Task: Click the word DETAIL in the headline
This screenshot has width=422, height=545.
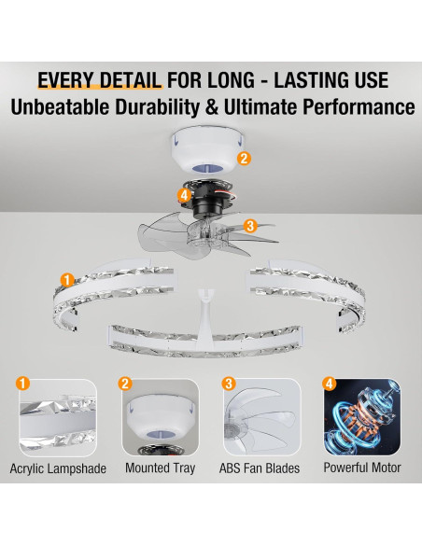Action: pos(131,80)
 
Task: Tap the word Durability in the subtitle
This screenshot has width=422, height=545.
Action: pos(157,107)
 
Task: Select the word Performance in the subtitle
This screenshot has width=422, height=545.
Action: pos(359,107)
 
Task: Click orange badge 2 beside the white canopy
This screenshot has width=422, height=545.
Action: pos(244,158)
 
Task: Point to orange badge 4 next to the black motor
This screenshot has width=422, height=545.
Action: pos(184,195)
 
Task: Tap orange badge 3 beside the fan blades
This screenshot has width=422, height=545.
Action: pos(250,226)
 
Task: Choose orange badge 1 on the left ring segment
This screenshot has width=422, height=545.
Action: pos(67,280)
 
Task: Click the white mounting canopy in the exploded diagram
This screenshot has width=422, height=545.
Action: pos(208,150)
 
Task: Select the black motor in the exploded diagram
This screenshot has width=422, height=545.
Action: pos(206,198)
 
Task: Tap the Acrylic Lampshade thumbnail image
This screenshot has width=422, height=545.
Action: pos(58,417)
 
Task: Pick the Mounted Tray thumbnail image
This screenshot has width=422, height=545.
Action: pos(161,417)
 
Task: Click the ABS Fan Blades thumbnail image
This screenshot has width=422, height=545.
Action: pos(261,417)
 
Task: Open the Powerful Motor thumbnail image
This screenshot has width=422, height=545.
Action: pos(362,417)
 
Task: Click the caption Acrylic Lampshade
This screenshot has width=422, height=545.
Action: pos(58,468)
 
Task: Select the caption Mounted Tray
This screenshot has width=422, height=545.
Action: pos(161,468)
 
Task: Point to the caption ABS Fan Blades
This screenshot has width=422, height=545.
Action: pos(260,468)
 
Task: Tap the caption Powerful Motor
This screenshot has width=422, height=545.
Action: pos(362,468)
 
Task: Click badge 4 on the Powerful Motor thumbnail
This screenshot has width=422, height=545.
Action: pos(330,384)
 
